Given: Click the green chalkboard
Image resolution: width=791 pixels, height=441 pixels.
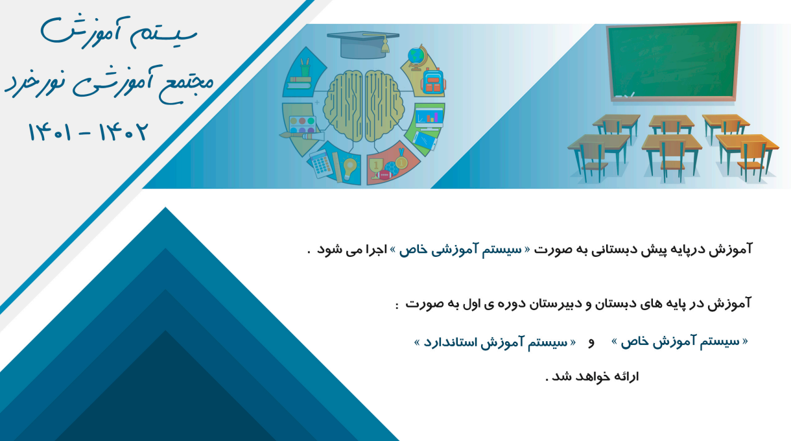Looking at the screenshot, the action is [673, 62].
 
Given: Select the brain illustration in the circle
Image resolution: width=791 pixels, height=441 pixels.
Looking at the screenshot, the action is [364, 106].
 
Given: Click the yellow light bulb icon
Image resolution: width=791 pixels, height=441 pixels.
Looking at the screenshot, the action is [349, 169].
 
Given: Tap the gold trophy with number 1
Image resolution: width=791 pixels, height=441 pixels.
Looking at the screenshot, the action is [376, 167].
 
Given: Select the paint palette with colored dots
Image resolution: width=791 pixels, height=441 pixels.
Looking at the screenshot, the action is [302, 125].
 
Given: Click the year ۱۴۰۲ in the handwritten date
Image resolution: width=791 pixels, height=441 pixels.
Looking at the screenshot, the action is [123, 132].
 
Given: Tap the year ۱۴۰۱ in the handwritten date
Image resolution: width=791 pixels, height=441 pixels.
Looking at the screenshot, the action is [50, 132].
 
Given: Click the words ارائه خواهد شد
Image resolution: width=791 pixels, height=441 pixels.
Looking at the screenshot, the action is [593, 377].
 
